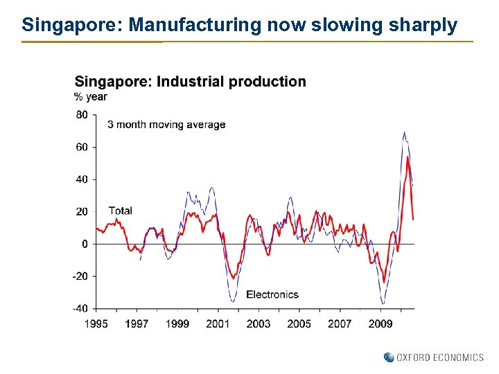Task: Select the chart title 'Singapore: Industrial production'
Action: coord(190,82)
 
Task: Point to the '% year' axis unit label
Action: coord(91,97)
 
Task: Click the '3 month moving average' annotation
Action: coord(166,125)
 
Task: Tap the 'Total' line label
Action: coord(120,211)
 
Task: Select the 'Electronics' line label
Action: coord(272,294)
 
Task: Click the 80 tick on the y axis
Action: coord(82,115)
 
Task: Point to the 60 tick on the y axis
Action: coord(82,147)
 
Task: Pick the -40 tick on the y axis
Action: coord(80,308)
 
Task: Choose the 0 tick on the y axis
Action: coord(85,244)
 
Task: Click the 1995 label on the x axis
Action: coord(96,323)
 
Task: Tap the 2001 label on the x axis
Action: coord(218,323)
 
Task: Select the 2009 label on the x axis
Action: coord(380,323)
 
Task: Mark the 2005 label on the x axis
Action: coord(299,323)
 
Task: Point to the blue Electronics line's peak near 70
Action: coord(404,132)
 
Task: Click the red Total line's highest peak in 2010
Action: coord(408,157)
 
